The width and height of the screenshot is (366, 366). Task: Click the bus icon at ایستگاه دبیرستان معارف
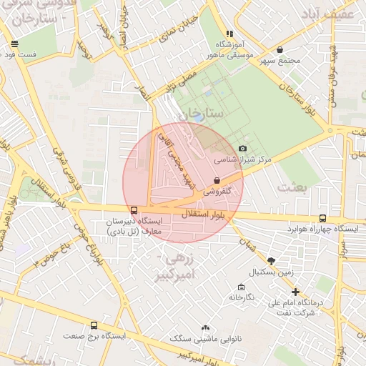tap(134, 210)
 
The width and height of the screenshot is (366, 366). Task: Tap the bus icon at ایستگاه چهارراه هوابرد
tap(323, 218)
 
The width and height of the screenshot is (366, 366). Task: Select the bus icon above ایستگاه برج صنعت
tap(94, 326)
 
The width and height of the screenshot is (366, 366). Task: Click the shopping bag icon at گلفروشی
tap(217, 181)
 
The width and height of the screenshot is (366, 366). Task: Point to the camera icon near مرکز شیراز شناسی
tap(242, 148)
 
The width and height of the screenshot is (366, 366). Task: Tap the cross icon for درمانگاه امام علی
tap(296, 292)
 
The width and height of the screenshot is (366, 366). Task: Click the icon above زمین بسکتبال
tap(270, 261)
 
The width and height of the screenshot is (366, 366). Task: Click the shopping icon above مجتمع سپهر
tap(279, 49)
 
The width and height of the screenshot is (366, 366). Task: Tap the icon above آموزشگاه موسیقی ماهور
tap(229, 33)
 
